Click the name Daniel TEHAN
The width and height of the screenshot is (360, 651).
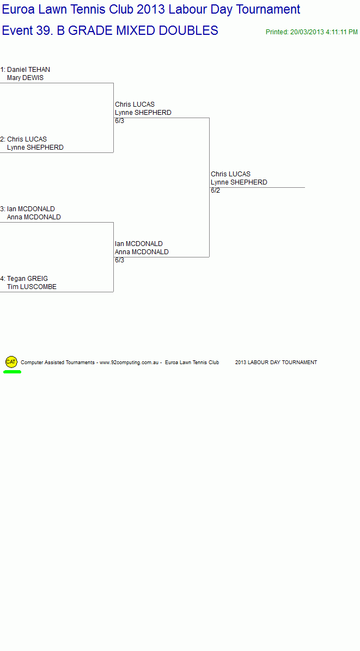28,69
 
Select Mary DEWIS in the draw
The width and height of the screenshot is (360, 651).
25,78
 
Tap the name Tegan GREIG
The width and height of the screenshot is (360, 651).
27,279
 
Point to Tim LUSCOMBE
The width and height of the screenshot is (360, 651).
32,287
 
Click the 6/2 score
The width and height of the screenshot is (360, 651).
215,191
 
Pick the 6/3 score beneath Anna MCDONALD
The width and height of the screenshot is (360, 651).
119,260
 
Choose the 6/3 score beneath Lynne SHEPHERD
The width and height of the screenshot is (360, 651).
119,121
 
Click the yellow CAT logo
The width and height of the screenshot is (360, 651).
11,362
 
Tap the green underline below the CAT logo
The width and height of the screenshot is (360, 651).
12,372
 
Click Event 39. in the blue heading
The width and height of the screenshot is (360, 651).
27,30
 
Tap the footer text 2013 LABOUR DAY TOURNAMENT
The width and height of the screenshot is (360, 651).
276,363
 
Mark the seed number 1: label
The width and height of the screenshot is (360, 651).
3,69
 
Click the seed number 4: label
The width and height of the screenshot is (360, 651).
3,279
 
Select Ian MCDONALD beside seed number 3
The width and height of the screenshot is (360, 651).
30,209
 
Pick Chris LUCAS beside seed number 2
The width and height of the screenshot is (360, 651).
27,139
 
